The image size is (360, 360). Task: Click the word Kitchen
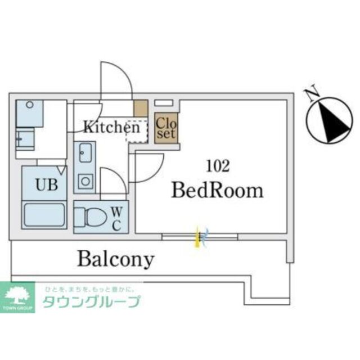point(111,127)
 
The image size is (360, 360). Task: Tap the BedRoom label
point(217,190)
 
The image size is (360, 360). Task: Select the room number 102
point(218,166)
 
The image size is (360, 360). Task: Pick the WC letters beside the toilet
point(116,218)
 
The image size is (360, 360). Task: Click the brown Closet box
point(166,128)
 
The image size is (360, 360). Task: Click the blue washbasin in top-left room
point(29,113)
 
